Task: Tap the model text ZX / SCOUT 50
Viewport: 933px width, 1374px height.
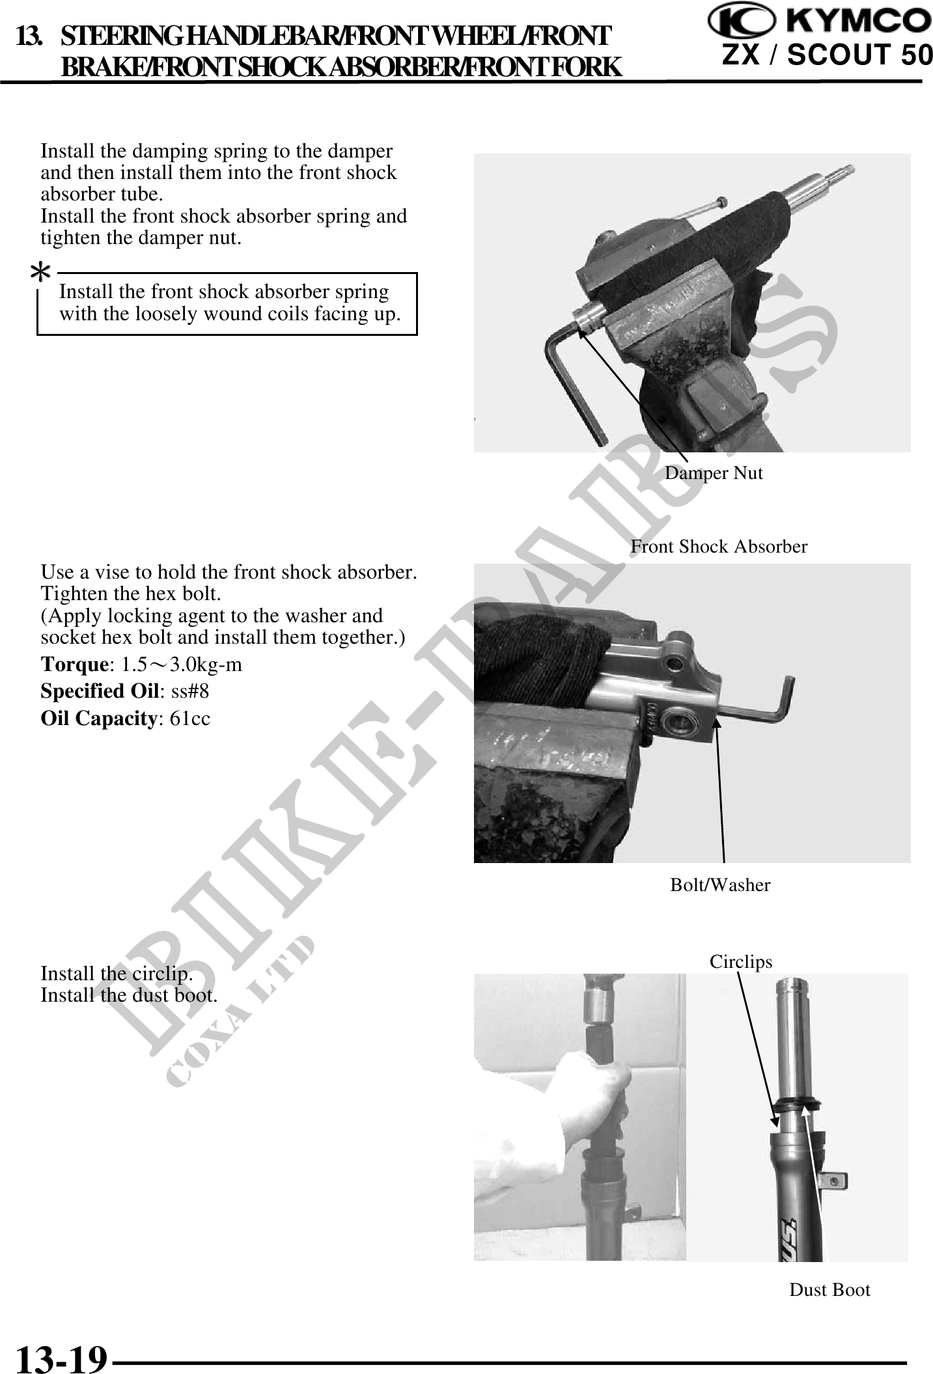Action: click(828, 56)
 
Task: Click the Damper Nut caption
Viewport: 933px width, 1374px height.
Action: click(714, 473)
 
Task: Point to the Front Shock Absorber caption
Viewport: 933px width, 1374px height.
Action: click(719, 547)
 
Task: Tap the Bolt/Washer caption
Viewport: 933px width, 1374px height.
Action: click(720, 885)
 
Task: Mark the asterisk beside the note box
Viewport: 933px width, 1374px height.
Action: click(41, 273)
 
